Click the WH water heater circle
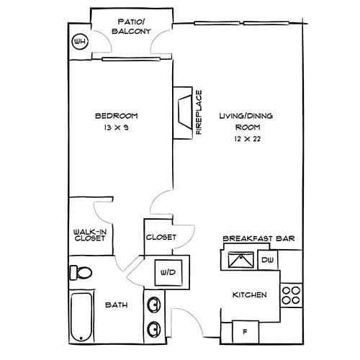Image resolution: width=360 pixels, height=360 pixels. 80,42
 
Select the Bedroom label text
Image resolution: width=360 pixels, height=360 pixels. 116,116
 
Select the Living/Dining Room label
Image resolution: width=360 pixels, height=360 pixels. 246,121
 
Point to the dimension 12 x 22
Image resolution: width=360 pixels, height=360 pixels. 246,138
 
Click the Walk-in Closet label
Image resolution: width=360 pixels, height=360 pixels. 90,235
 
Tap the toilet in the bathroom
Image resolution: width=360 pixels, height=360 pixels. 81,273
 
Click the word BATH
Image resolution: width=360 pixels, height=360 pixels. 117,305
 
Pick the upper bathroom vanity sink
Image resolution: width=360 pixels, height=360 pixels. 153,304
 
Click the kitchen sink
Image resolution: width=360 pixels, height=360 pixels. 239,259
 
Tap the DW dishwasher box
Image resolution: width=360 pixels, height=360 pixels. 267,260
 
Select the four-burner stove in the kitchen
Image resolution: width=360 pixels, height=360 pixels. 290,294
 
